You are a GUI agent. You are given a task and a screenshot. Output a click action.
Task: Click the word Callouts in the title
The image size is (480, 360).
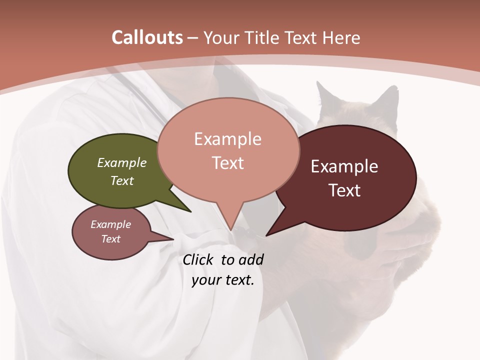pyautogui.click(x=147, y=37)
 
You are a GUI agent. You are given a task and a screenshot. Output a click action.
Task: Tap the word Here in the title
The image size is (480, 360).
pyautogui.click(x=341, y=37)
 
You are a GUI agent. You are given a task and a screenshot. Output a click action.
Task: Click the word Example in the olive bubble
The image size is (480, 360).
pyautogui.click(x=122, y=162)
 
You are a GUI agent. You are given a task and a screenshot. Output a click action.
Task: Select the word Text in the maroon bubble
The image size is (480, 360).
pyautogui.click(x=345, y=190)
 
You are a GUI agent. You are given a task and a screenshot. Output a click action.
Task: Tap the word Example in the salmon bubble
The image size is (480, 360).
pyautogui.click(x=227, y=139)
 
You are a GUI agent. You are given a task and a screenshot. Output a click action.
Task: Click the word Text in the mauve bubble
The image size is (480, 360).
pyautogui.click(x=111, y=239)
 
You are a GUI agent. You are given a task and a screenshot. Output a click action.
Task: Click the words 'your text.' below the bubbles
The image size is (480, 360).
pyautogui.click(x=223, y=280)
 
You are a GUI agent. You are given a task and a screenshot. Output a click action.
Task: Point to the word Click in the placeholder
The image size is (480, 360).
pyautogui.click(x=198, y=259)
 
